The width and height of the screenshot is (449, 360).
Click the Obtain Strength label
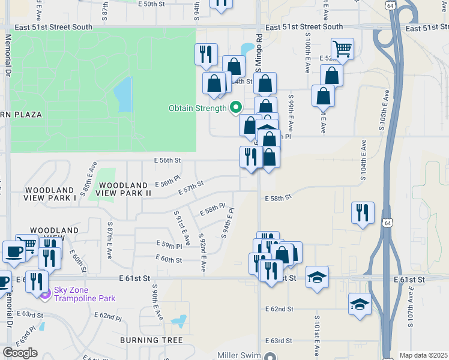click(197, 108)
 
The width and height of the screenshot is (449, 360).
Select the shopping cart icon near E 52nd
click(342, 49)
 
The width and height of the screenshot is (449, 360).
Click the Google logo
click(20, 352)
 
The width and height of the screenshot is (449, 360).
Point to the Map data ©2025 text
click(424, 355)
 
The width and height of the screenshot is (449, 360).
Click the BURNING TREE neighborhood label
click(151, 340)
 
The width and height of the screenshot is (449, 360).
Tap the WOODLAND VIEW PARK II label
click(124, 189)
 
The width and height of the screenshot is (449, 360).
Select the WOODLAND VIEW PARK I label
click(50, 193)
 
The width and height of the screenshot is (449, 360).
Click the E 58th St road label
click(278, 197)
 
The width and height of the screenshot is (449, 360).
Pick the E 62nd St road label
click(279, 308)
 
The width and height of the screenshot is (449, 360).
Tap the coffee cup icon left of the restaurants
click(13, 251)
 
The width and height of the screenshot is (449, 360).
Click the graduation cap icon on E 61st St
click(317, 277)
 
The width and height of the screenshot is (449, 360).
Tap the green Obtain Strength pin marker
click(236, 108)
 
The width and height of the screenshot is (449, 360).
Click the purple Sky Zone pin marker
click(44, 293)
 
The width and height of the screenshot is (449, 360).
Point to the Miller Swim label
click(240, 355)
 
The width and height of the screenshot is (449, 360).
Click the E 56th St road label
click(167, 161)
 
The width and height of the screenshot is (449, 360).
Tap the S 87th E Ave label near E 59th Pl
click(110, 240)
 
